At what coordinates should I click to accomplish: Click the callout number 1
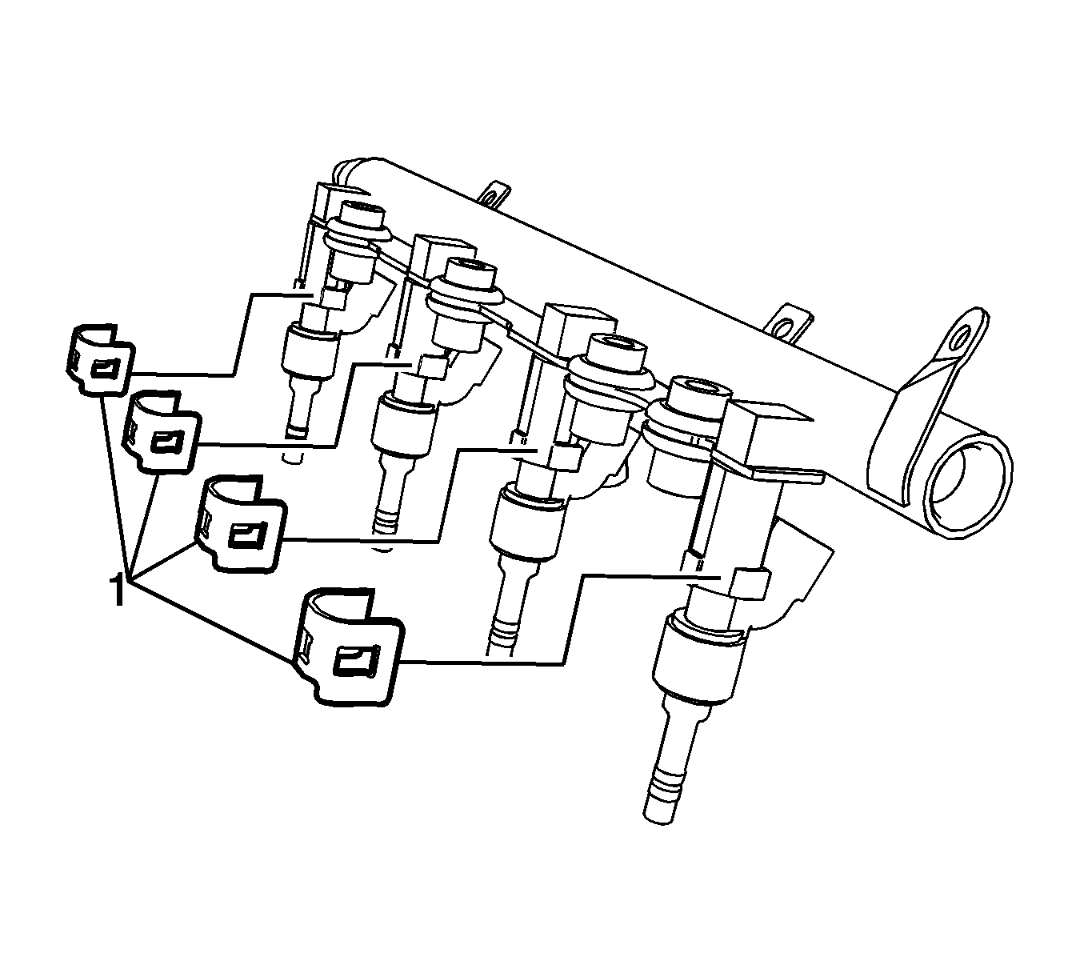pyautogui.click(x=117, y=591)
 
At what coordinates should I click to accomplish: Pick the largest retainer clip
pyautogui.click(x=347, y=648)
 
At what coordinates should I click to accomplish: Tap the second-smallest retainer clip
pyautogui.click(x=162, y=433)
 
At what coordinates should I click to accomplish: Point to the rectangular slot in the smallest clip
pyautogui.click(x=105, y=369)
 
